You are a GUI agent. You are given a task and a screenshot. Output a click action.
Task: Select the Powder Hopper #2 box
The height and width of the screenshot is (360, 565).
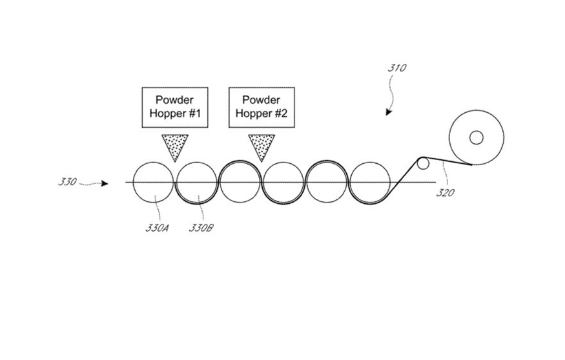(x=262, y=106)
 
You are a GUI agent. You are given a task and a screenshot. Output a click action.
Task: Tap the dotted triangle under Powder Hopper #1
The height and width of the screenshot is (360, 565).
(x=174, y=146)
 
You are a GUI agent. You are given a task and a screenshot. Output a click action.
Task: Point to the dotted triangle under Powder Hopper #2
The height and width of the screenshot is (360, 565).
(x=261, y=146)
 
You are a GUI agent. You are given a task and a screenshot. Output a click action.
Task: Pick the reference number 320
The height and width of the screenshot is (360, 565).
(x=444, y=192)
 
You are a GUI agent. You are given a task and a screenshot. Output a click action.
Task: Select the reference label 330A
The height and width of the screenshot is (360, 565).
(x=158, y=228)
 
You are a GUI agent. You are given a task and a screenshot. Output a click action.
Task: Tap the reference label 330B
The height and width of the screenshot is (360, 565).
(x=200, y=228)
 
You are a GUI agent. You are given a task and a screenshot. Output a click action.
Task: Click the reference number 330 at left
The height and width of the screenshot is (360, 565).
(x=67, y=182)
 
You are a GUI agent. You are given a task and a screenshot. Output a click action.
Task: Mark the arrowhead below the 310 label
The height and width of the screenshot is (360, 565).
(x=389, y=112)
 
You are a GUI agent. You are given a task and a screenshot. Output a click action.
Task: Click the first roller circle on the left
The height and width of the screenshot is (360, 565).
(x=153, y=182)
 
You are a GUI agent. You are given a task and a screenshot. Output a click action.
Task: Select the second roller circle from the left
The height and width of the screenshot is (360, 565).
(x=196, y=182)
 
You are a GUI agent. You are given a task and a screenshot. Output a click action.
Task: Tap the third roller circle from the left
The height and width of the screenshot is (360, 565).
(x=240, y=182)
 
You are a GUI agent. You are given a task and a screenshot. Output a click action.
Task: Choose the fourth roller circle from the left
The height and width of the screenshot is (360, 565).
(x=283, y=182)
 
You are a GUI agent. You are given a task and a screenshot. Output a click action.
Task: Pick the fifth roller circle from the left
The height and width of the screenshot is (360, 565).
(x=327, y=182)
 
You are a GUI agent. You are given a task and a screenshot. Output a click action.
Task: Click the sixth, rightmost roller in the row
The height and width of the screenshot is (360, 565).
(x=370, y=182)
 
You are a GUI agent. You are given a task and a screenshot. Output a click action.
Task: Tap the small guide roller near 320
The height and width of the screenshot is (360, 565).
(x=423, y=163)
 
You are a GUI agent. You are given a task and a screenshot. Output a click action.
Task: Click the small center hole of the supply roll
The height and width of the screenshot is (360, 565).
(x=476, y=137)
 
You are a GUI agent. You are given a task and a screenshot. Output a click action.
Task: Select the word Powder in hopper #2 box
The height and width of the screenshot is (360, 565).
(x=262, y=100)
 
